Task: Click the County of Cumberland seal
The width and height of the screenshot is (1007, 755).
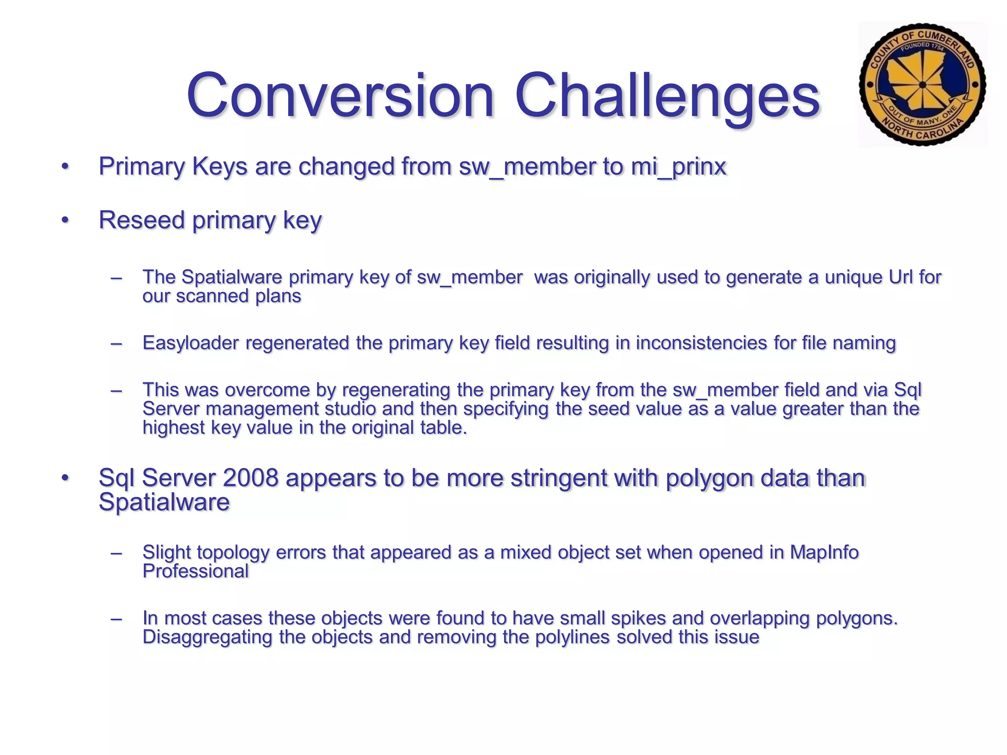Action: point(922,85)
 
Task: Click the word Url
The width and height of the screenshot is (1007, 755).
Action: point(901,277)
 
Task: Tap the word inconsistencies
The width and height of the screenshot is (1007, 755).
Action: point(701,343)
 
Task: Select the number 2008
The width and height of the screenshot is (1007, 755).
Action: point(250,478)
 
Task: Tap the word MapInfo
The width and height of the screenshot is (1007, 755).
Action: point(824,552)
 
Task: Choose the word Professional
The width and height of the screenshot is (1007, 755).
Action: point(196,571)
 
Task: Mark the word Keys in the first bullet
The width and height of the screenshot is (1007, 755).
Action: point(219,167)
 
